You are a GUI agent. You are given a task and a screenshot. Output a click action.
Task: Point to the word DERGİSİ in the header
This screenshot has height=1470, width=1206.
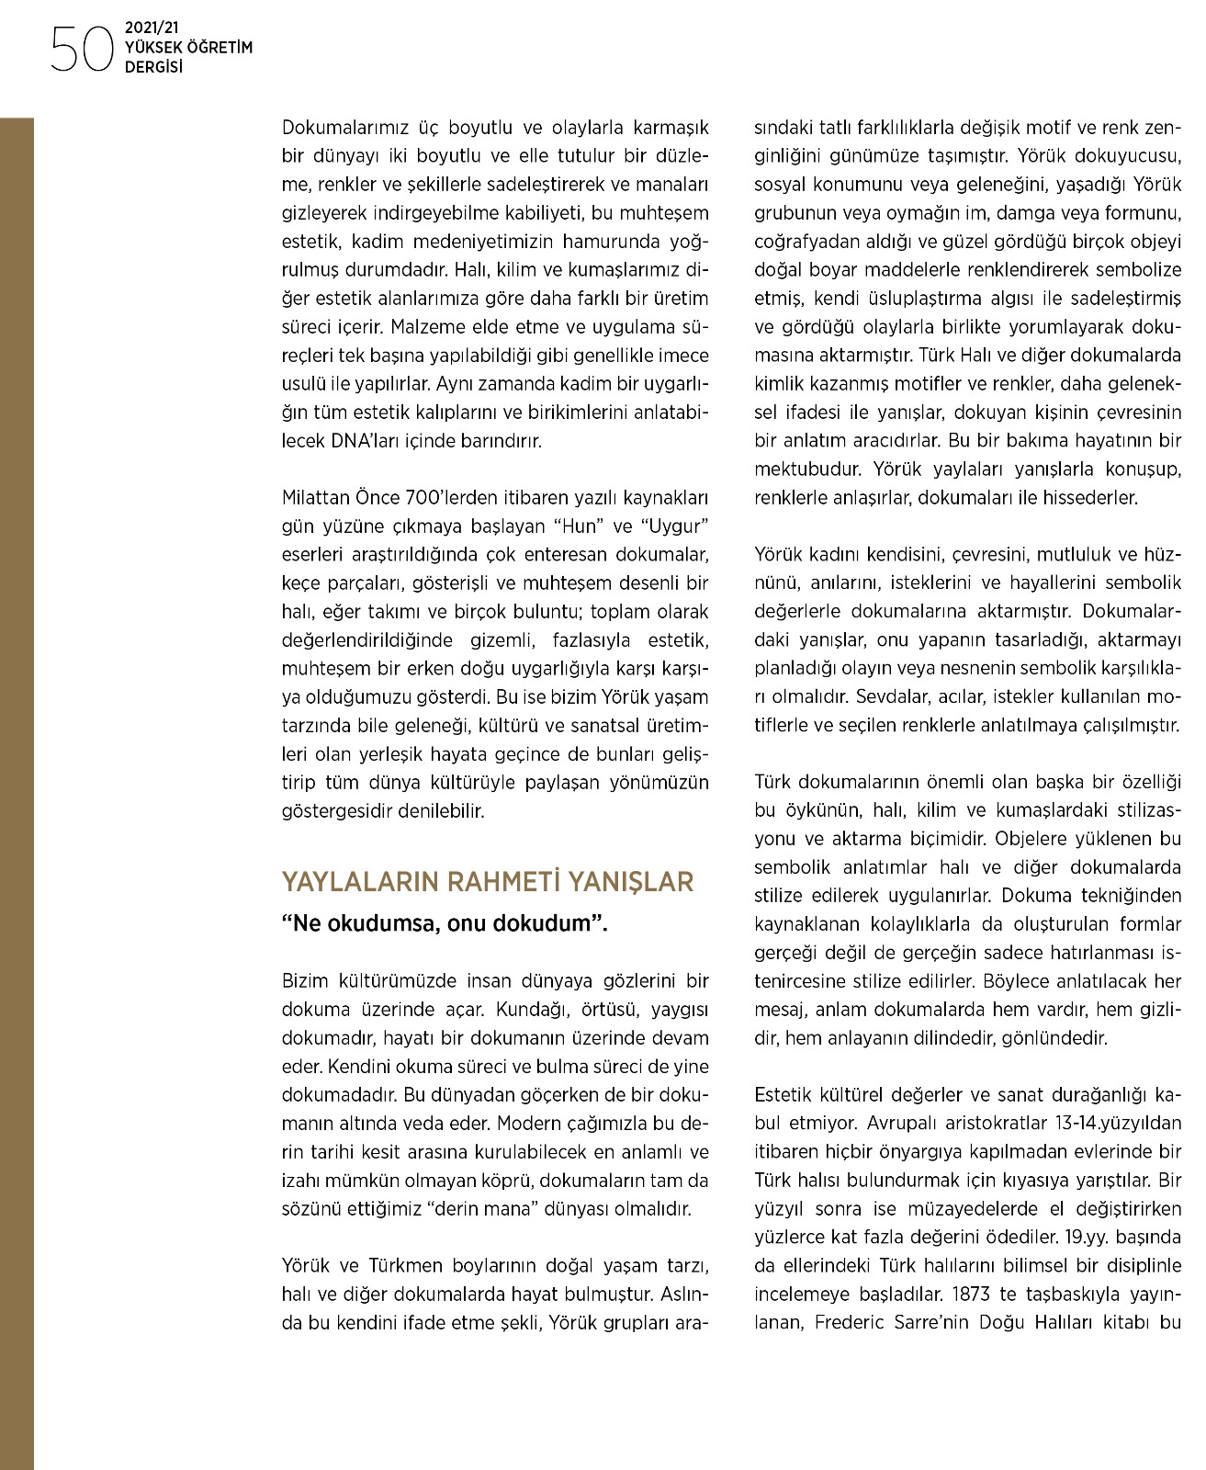153,67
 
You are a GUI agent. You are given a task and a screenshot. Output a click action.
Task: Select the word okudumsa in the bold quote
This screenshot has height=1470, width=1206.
383,923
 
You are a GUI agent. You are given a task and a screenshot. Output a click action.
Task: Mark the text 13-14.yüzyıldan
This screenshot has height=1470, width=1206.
1111,1124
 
